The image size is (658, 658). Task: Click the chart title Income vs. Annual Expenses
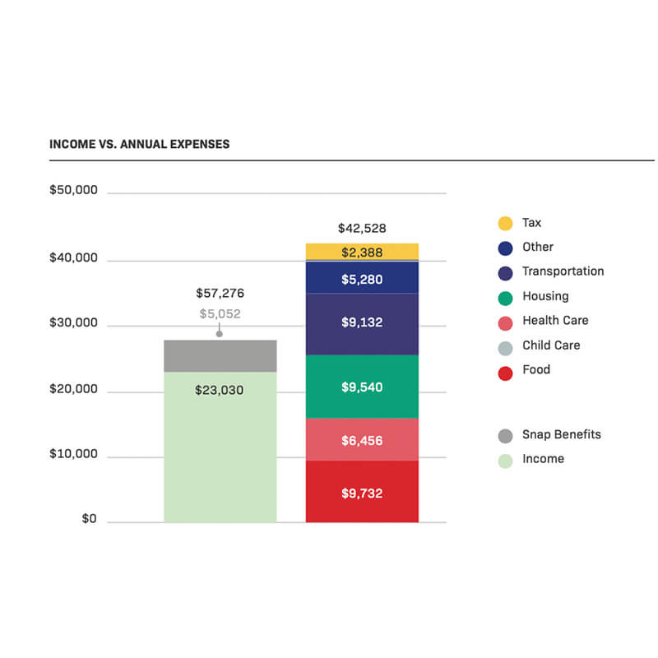pyautogui.click(x=139, y=144)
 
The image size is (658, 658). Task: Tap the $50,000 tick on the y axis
pyautogui.click(x=73, y=190)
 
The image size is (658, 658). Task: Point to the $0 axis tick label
pyautogui.click(x=89, y=519)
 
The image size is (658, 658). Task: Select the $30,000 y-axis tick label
pyautogui.click(x=73, y=323)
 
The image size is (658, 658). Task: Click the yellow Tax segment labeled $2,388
pyautogui.click(x=362, y=251)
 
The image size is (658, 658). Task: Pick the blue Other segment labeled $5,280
pyautogui.click(x=362, y=279)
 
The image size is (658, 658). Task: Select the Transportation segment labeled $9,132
pyautogui.click(x=362, y=323)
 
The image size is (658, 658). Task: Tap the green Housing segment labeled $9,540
pyautogui.click(x=362, y=387)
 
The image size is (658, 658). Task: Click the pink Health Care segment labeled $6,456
pyautogui.click(x=362, y=440)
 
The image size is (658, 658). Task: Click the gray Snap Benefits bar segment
pyautogui.click(x=220, y=355)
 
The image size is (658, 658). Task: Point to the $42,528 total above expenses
pyautogui.click(x=362, y=229)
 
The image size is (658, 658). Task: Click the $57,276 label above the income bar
pyautogui.click(x=220, y=293)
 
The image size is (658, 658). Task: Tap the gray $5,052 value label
pyautogui.click(x=220, y=313)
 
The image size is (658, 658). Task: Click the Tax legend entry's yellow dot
pyautogui.click(x=506, y=223)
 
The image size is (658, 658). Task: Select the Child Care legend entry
pyautogui.click(x=550, y=345)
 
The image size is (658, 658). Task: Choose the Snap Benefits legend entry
pyautogui.click(x=561, y=435)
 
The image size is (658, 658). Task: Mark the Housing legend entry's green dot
pyautogui.click(x=506, y=298)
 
